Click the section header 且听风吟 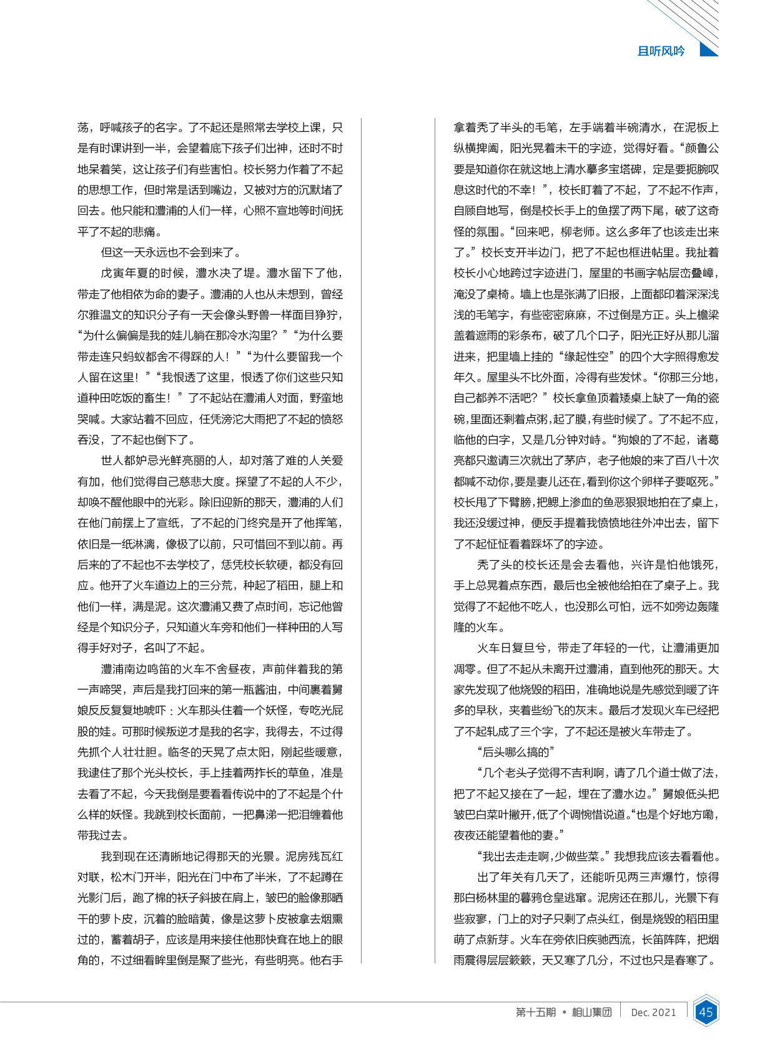pos(661,51)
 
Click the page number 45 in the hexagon pos(706,1011)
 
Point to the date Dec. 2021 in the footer pos(653,1012)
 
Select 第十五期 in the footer pos(536,1012)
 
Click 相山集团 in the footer pos(591,1012)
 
